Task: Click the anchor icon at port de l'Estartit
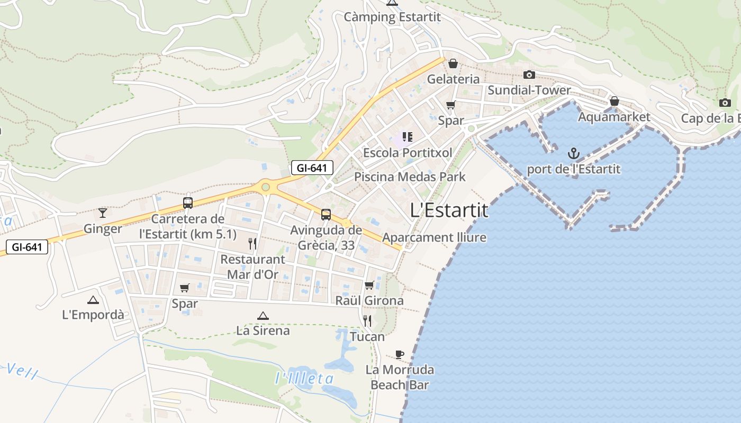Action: (574, 154)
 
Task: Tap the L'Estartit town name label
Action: (449, 210)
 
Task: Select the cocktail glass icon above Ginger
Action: (103, 213)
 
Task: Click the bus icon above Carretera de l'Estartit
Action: (187, 203)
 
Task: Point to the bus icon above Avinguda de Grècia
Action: (326, 215)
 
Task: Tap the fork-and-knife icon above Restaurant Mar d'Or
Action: (252, 243)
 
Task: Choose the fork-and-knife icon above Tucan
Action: (367, 320)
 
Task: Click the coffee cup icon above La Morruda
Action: (400, 354)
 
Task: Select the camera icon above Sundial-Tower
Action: (529, 75)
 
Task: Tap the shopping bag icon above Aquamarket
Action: (614, 101)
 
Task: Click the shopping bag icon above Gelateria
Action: (453, 64)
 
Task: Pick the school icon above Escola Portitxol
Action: (407, 137)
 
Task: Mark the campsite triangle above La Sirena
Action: (263, 316)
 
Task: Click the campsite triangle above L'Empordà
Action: (93, 300)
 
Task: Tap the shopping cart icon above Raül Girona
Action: (369, 286)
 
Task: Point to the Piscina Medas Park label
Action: (410, 177)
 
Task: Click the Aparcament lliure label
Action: (434, 237)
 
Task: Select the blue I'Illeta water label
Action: (304, 379)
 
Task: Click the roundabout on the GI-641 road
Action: (265, 187)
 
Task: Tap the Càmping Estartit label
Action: (392, 17)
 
